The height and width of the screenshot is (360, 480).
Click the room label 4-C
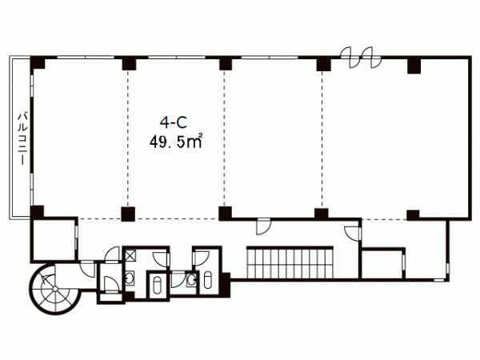(x=174, y=122)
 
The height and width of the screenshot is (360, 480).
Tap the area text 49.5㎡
(x=176, y=142)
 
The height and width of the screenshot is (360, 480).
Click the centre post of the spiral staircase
(x=54, y=289)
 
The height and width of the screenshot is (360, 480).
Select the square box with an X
(x=130, y=255)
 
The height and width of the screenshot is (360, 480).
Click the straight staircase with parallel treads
(x=290, y=262)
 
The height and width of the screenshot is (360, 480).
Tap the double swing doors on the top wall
(x=362, y=58)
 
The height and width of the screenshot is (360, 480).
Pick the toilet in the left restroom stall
(x=157, y=286)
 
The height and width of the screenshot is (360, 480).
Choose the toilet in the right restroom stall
(x=207, y=280)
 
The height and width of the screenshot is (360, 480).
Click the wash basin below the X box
(x=130, y=278)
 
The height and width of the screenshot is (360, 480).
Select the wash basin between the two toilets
(x=192, y=279)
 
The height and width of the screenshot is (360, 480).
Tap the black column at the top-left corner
(x=38, y=63)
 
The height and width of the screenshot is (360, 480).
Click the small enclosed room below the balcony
(x=54, y=240)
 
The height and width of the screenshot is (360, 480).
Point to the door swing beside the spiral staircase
(x=88, y=269)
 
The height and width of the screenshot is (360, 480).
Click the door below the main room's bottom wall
(x=263, y=226)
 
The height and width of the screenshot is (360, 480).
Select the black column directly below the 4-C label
(x=128, y=214)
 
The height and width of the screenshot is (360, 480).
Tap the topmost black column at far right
(x=414, y=66)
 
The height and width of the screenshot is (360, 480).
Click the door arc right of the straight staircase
(x=352, y=234)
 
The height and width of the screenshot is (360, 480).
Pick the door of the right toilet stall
(x=202, y=258)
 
